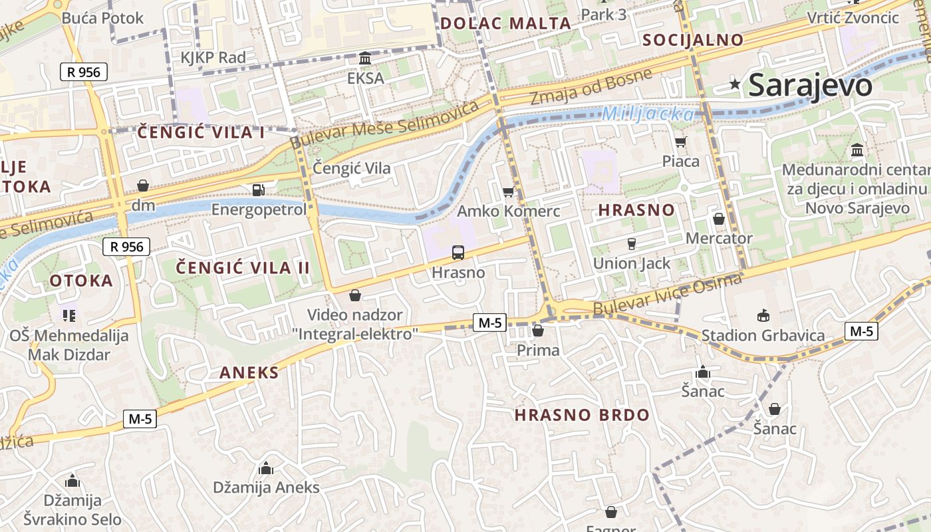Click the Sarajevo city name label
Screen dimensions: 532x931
(810, 86)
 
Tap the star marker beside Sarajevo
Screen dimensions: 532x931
(735, 84)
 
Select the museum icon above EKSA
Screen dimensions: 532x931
(365, 59)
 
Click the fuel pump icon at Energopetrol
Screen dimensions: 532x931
(258, 190)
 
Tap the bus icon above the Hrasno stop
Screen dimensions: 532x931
(458, 253)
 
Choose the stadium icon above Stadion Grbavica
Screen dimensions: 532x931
(763, 315)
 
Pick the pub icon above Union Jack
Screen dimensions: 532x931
(631, 243)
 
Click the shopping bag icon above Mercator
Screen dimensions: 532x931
(719, 219)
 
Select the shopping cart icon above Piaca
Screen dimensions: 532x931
(680, 142)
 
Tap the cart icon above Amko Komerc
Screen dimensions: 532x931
(509, 192)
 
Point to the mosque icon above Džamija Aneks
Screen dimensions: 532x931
(266, 468)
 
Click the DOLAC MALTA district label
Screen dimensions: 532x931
(505, 23)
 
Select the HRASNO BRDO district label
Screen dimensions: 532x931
(582, 415)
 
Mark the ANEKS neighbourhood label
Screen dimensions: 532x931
(249, 372)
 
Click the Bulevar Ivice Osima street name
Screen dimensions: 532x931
(666, 295)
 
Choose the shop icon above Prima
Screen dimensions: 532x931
(538, 331)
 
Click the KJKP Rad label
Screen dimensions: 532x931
(213, 58)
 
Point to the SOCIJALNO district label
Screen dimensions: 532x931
(693, 40)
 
